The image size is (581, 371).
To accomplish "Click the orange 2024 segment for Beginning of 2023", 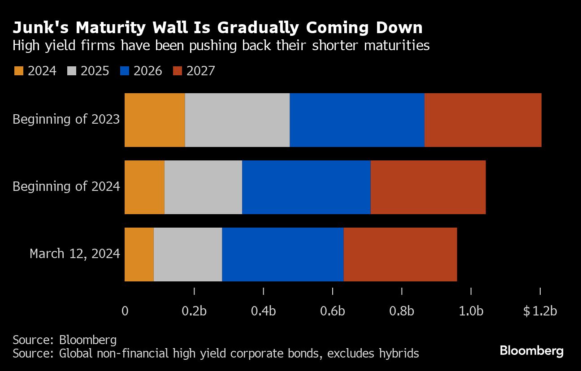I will click(x=155, y=120).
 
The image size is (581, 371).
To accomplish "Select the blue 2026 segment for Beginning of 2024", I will click(x=306, y=187).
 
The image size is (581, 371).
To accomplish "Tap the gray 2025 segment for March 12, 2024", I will click(x=188, y=254).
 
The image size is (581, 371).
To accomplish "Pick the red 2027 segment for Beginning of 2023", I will click(x=483, y=120).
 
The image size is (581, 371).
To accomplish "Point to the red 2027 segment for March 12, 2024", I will click(x=400, y=254).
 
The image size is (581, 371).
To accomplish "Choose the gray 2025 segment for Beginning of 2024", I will click(x=203, y=187).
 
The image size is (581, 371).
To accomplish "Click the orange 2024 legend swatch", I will click(x=18, y=71).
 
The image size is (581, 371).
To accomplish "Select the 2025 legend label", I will click(x=95, y=71).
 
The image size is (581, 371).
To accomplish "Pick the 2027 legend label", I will click(x=200, y=71).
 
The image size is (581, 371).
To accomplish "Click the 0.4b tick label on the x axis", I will click(x=263, y=311).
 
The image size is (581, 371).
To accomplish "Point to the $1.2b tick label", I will click(x=540, y=311).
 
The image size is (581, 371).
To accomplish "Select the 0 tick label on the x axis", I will click(x=125, y=311).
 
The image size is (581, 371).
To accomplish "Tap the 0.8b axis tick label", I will click(x=402, y=311).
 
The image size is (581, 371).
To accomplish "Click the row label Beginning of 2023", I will click(x=66, y=120).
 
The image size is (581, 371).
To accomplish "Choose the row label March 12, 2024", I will click(x=75, y=254).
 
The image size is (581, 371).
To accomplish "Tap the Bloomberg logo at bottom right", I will click(x=531, y=350).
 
